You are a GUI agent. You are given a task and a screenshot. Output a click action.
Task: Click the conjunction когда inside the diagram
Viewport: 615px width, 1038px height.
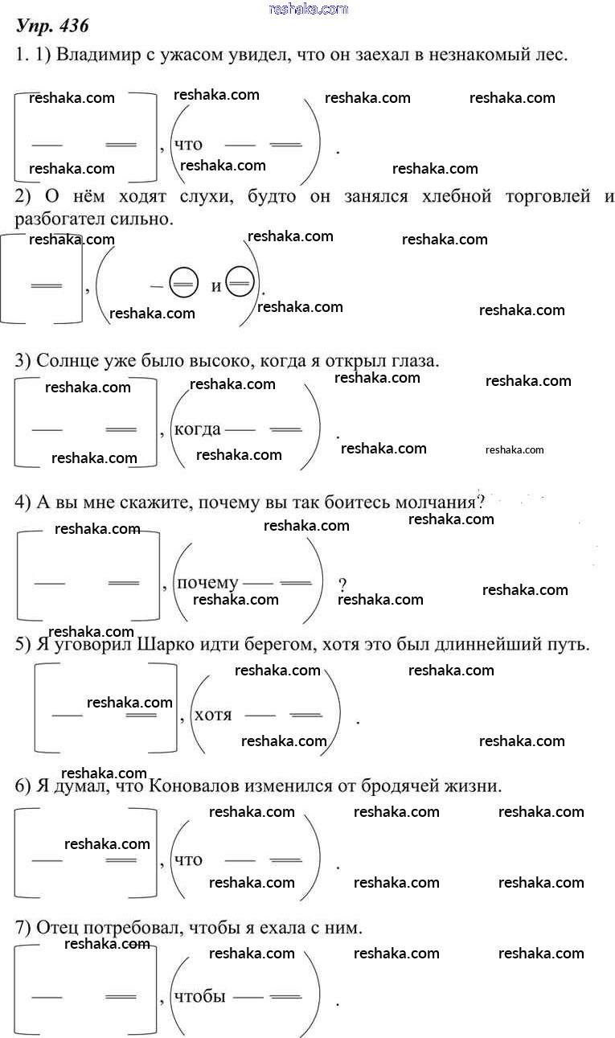197,429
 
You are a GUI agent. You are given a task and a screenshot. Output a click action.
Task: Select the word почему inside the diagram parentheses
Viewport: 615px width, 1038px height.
207,583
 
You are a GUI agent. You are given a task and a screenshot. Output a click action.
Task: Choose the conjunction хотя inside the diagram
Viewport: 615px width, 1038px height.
213,714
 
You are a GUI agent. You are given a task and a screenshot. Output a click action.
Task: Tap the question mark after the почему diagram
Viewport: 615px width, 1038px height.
342,585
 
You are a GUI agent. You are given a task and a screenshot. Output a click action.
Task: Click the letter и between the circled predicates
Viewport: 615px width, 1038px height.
216,286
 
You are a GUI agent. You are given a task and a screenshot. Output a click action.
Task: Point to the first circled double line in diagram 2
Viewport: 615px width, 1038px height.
182,286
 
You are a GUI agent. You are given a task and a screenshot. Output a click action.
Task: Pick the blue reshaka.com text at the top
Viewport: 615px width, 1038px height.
308,9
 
